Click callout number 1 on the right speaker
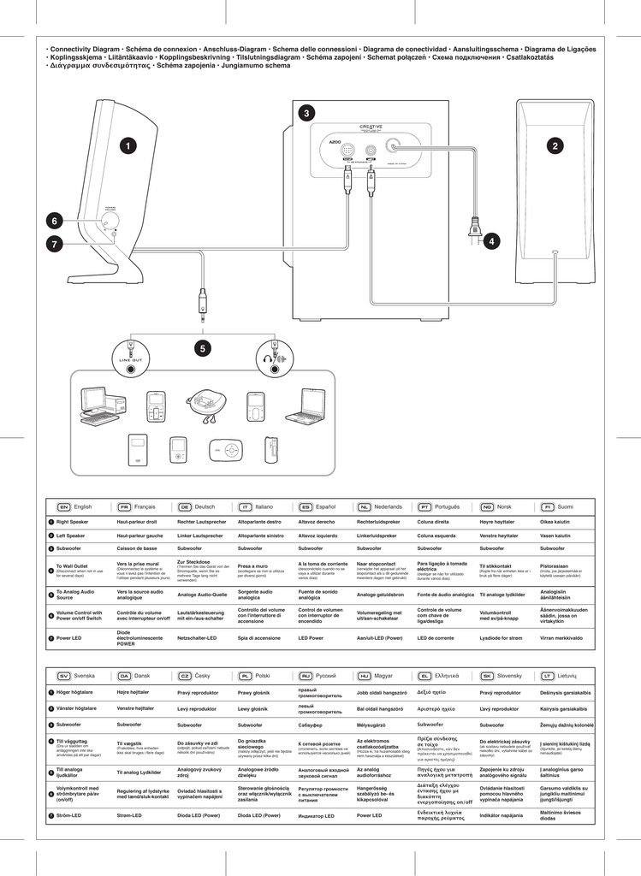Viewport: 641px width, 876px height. point(128,146)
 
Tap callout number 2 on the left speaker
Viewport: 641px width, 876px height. point(555,146)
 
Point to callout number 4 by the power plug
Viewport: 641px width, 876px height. point(490,241)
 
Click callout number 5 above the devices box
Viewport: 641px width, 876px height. point(202,348)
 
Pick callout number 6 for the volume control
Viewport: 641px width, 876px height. point(54,221)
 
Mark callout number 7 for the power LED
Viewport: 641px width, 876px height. point(54,244)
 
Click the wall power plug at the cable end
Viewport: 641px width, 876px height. point(473,230)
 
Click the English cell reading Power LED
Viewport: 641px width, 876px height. point(70,637)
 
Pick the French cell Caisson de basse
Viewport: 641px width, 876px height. point(137,547)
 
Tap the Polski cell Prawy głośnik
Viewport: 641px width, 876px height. point(254,693)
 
